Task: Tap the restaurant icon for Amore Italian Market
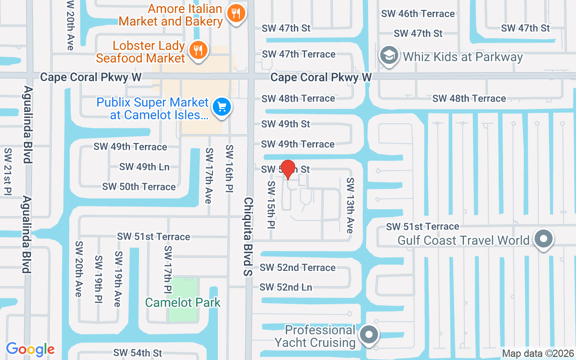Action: coord(236,13)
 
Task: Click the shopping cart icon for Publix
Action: coord(222,107)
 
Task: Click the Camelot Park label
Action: coord(183,302)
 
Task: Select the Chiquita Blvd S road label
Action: coord(248,236)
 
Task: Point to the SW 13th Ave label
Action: coord(350,205)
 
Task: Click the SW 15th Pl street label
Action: coord(271,205)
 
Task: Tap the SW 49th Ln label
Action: coord(144,166)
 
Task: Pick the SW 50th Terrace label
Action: coord(139,186)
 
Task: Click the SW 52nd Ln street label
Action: coord(286,287)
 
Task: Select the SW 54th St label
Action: coord(138,353)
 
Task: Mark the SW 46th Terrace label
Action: coord(418,13)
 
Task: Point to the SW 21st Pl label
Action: coord(8,171)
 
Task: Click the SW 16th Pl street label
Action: coord(229,169)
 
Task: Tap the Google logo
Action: coord(30,349)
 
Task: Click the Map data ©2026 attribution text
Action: coord(538,353)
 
